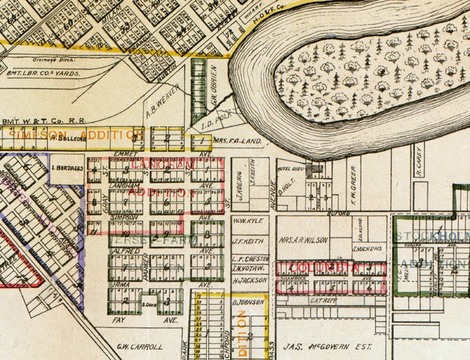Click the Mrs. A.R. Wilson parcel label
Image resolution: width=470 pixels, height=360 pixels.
click(x=303, y=240)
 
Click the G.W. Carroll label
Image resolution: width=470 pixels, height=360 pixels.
click(x=139, y=346)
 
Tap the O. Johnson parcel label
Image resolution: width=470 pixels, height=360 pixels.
click(x=248, y=302)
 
